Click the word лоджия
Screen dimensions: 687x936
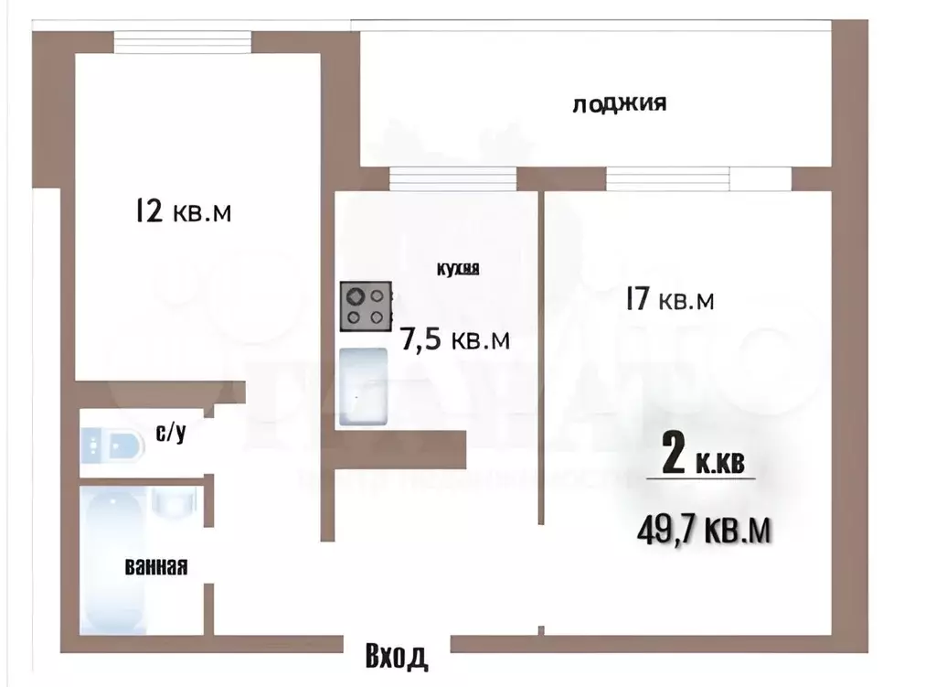[x=619, y=103]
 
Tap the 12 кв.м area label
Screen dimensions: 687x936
[x=182, y=212]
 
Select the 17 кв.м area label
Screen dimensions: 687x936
[x=670, y=299]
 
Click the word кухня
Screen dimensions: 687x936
[x=458, y=268]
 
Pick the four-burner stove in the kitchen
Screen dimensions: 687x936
[x=366, y=306]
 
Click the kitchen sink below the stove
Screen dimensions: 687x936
[x=364, y=388]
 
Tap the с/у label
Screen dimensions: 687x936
[x=171, y=434]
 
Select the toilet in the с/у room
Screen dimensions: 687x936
[x=112, y=446]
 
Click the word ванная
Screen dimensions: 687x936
[x=155, y=567]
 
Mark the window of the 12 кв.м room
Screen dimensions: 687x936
[x=182, y=42]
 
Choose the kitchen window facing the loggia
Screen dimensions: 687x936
[x=452, y=178]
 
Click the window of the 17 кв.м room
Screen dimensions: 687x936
[x=696, y=178]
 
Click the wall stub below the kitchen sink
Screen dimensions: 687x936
[x=399, y=448]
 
